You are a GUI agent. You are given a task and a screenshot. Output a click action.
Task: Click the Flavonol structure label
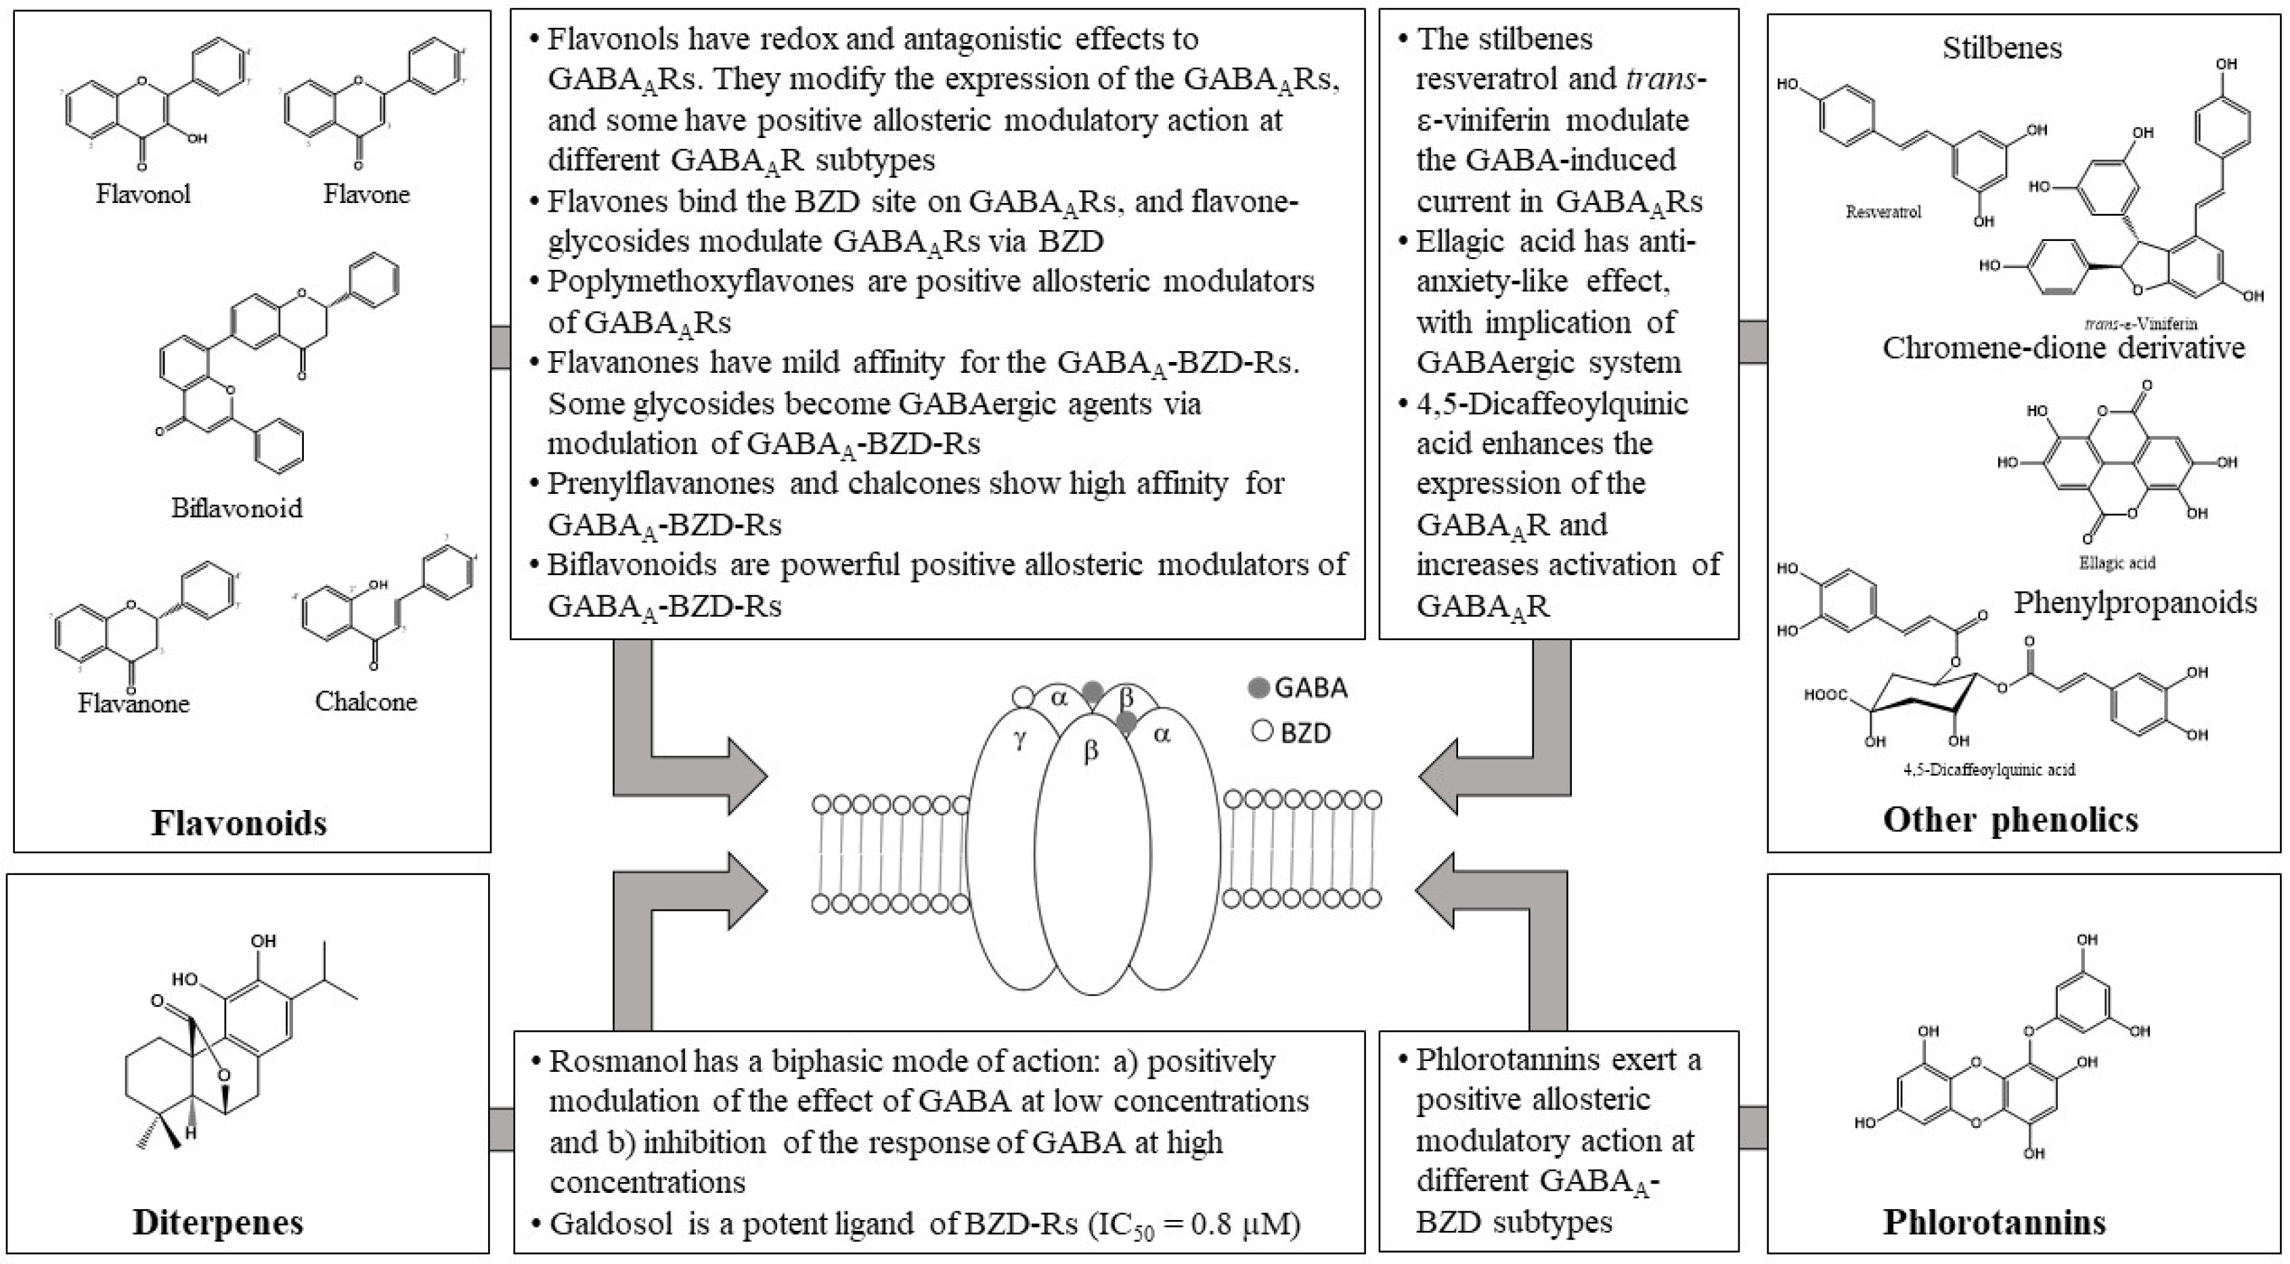(x=143, y=194)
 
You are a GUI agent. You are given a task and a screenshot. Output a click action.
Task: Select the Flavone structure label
(x=366, y=194)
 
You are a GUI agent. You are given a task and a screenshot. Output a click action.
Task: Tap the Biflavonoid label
(x=236, y=508)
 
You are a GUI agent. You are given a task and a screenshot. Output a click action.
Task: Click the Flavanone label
(x=133, y=703)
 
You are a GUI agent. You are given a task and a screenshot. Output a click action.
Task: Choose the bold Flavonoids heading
(x=239, y=823)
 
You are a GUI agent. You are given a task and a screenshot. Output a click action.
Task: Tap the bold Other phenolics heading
(x=2010, y=819)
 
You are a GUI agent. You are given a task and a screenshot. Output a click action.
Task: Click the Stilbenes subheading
(x=2001, y=48)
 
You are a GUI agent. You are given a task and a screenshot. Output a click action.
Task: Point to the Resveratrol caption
(x=1883, y=212)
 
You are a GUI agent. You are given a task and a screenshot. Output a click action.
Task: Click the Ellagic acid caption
(x=2117, y=563)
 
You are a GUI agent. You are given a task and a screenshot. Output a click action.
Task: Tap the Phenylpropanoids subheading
(x=2134, y=603)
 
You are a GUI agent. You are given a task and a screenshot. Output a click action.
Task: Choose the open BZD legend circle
(x=1262, y=732)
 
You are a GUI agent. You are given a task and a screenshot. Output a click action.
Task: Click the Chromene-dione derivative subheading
(x=2063, y=348)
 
